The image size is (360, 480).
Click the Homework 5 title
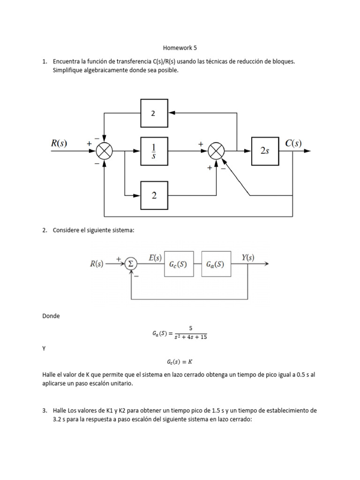[x=180, y=48]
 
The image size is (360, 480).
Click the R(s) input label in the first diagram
[x=59, y=143]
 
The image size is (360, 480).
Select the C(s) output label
[x=293, y=143]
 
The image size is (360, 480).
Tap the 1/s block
[x=154, y=151]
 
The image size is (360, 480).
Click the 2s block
[x=265, y=151]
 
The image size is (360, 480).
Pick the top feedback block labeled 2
[x=154, y=113]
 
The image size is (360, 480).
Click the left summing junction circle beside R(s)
[x=105, y=151]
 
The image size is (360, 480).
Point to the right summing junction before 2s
[x=216, y=151]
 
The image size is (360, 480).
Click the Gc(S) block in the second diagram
[x=179, y=264]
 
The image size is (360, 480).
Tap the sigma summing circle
[x=131, y=264]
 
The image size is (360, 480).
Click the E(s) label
[x=155, y=258]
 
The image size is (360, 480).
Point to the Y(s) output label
[x=247, y=257]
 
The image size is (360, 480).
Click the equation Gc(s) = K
[x=180, y=361]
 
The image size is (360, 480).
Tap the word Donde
[x=51, y=316]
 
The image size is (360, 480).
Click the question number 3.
[x=45, y=410]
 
